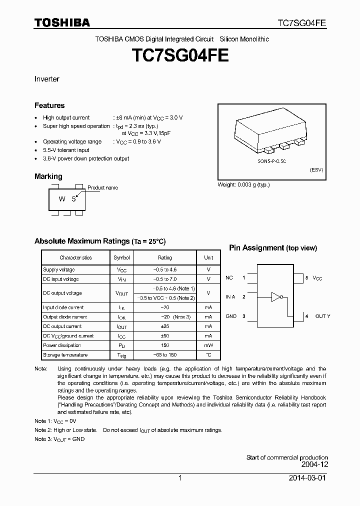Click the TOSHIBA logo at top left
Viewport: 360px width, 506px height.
pos(62,23)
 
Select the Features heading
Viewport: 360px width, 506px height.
pos(49,105)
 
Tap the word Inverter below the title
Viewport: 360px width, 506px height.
pos(47,79)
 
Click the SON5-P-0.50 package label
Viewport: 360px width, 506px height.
pos(271,162)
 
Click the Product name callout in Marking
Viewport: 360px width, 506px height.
pos(103,187)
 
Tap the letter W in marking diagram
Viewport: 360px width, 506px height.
pos(62,198)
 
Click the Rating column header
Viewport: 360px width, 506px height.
pos(165,257)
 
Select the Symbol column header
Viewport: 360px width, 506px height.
pos(121,257)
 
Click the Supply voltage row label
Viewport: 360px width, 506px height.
pos(59,269)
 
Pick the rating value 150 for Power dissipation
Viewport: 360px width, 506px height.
pos(165,345)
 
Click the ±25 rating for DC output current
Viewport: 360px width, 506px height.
pos(165,326)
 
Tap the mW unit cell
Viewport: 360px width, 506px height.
pos(208,345)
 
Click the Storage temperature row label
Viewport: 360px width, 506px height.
pos(65,354)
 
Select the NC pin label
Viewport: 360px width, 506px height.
pos(229,277)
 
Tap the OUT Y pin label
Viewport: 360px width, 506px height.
pos(322,316)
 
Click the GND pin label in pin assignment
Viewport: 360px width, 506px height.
pos(230,316)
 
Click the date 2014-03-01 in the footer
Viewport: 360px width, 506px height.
pos(308,478)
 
